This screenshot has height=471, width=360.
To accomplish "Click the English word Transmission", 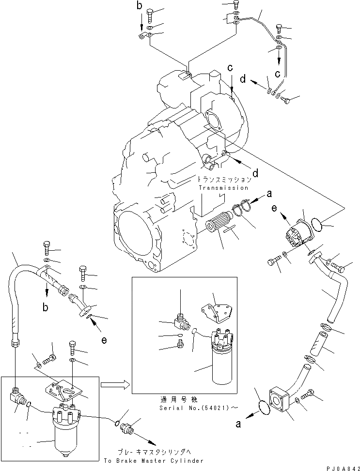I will pos(223,188).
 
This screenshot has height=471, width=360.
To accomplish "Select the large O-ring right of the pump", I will pos(317,224).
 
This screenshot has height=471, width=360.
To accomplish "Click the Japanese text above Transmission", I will pos(222,179).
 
